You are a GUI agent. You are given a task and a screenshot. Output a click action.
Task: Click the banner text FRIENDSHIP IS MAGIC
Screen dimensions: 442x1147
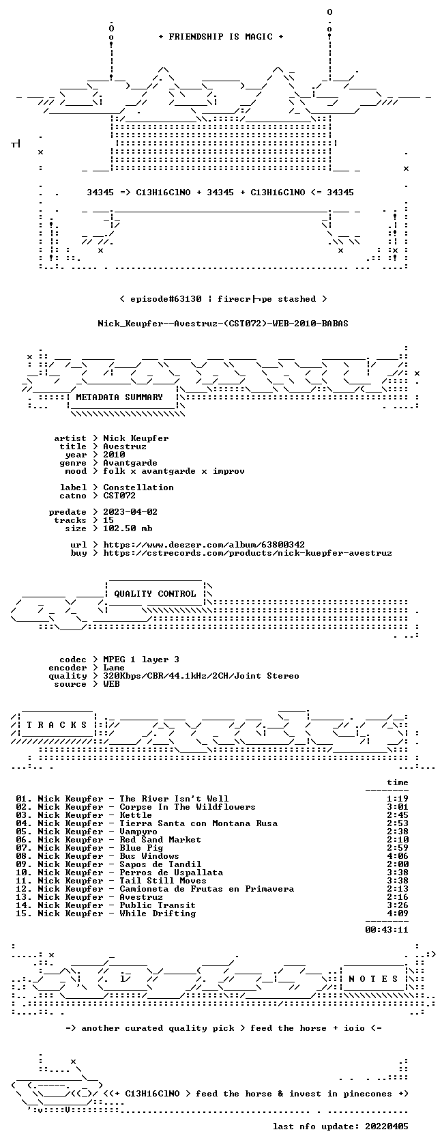(221, 37)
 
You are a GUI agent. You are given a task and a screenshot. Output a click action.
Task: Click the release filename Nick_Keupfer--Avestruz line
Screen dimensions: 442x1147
(223, 324)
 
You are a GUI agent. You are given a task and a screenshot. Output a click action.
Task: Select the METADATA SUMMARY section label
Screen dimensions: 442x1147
(119, 397)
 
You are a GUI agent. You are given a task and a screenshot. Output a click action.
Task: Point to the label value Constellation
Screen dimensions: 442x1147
(138, 487)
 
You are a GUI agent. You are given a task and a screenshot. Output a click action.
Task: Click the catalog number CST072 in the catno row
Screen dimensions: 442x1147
(119, 496)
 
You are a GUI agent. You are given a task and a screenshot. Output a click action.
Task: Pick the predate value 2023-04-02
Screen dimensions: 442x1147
(130, 512)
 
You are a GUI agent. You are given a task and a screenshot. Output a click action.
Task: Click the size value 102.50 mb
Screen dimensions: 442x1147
(128, 528)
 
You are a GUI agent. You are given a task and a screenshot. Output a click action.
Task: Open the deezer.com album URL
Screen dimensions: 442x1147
(203, 545)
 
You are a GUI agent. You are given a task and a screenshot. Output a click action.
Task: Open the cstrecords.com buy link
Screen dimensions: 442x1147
(248, 553)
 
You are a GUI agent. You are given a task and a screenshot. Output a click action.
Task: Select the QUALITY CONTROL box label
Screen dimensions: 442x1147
(154, 594)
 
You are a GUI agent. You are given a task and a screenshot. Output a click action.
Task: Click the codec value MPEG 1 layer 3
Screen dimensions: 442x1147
(141, 660)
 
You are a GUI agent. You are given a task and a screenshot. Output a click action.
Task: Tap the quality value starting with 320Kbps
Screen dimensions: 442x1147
(201, 676)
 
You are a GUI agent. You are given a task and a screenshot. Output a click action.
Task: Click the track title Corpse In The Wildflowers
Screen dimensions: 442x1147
(187, 807)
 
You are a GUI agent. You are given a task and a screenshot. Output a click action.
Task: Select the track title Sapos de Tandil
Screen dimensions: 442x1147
(160, 864)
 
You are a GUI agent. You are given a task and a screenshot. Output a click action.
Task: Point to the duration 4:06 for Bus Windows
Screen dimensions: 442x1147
(398, 856)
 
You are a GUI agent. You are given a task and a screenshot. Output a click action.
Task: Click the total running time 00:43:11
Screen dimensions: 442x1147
(387, 930)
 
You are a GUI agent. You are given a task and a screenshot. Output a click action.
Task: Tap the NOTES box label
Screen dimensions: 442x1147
(373, 979)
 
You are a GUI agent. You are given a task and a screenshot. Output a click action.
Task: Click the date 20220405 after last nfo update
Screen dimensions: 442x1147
(387, 1127)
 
